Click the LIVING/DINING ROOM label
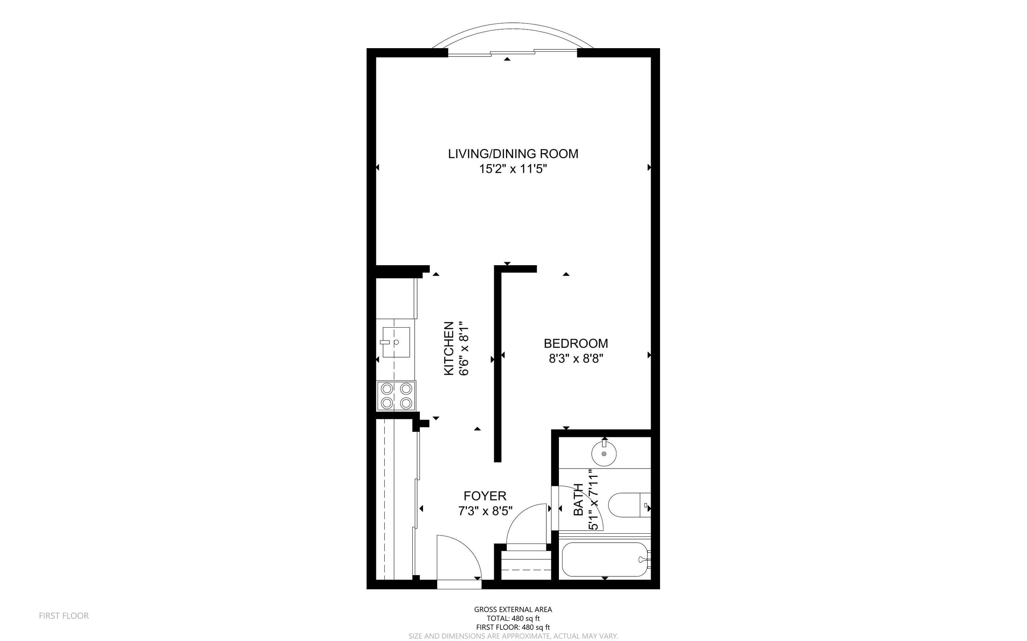[x=513, y=154]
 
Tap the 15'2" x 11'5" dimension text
[x=513, y=169]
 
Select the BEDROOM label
[x=576, y=343]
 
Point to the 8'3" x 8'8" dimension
[x=576, y=359]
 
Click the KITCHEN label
[x=449, y=349]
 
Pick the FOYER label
[x=485, y=496]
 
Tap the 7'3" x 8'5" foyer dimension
[x=485, y=511]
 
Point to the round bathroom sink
[x=604, y=453]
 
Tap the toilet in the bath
[x=629, y=505]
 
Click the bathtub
[x=605, y=560]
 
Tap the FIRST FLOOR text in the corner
[x=64, y=616]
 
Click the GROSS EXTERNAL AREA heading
[x=513, y=609]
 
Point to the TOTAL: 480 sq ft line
[x=513, y=619]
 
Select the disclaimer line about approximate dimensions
[x=513, y=636]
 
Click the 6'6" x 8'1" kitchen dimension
[x=464, y=349]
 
